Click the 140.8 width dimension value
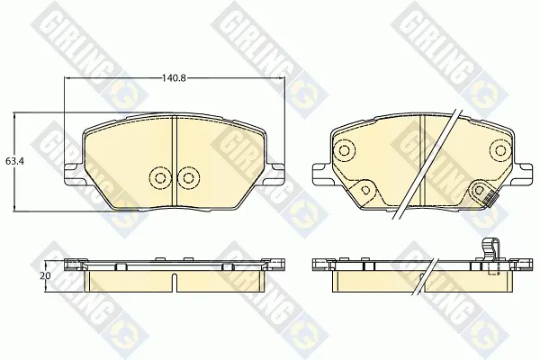coord(174,78)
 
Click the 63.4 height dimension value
coord(14,161)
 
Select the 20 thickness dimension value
coord(47,276)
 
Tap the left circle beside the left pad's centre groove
coord(160,178)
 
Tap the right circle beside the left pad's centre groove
coord(188,178)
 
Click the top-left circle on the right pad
coord(344,150)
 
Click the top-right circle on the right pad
coord(500,150)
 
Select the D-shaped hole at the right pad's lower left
coord(366,190)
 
